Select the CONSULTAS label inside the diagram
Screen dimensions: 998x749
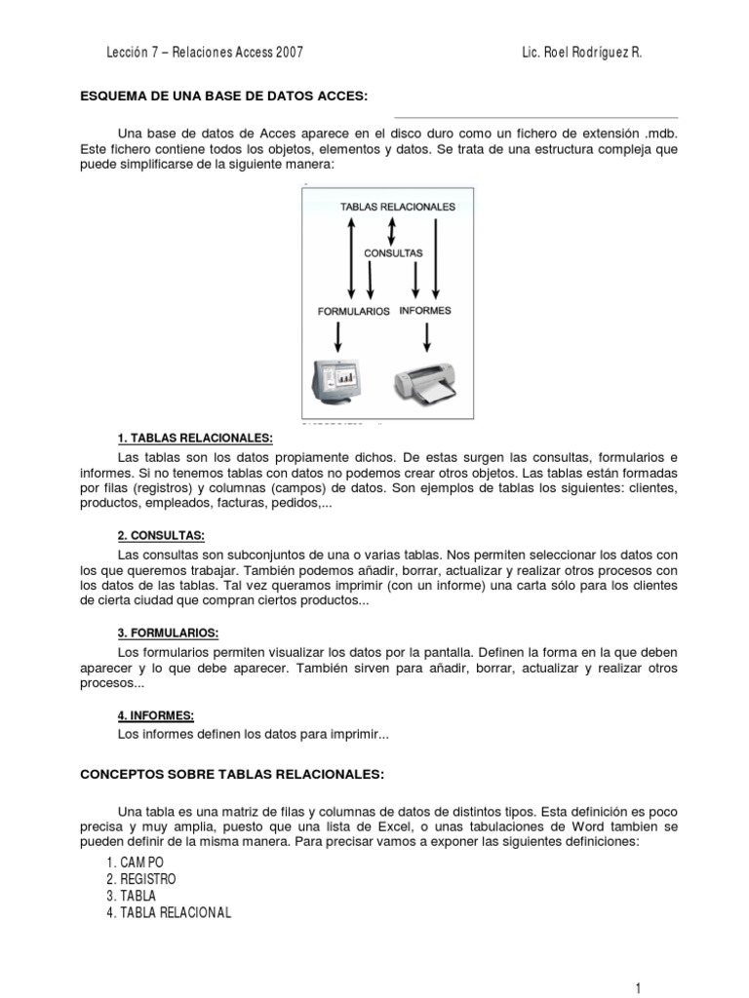coord(393,252)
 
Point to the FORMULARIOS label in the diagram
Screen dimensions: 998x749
coord(354,312)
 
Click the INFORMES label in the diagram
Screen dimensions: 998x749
coord(425,311)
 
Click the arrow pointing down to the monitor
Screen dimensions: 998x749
coord(338,336)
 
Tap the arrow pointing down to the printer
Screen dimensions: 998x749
coord(427,336)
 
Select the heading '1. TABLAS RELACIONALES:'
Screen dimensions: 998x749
coord(195,440)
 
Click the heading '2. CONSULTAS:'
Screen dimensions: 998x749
coord(161,535)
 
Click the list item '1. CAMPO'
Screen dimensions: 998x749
coord(137,863)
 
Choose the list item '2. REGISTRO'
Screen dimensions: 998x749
coord(142,879)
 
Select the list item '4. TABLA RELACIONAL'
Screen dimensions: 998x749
coord(169,912)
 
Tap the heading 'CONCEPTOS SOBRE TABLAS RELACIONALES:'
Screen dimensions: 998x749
coord(232,775)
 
